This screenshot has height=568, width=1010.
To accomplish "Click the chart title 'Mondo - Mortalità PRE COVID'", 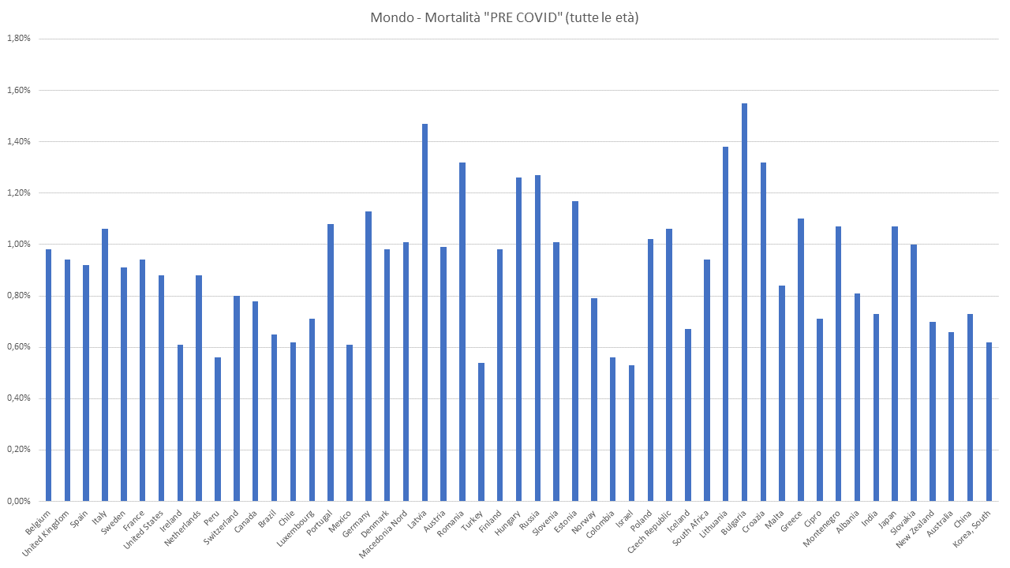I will [x=504, y=17].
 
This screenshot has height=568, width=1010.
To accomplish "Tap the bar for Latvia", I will [x=425, y=312].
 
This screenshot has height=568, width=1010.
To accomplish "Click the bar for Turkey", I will [x=481, y=432].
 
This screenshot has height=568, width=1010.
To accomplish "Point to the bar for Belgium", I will [x=48, y=375].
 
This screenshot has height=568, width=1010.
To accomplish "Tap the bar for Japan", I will [x=895, y=364].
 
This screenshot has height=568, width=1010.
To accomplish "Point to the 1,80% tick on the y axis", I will [x=18, y=39].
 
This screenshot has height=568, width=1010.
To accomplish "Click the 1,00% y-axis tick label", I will [x=18, y=245].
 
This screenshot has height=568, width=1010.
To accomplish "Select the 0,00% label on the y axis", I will [x=18, y=501].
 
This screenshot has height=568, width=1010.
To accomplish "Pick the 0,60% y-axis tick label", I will [x=18, y=347].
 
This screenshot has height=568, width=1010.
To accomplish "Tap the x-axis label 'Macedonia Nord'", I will [x=385, y=535].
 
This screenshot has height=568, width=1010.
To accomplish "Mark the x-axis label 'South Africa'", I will [x=690, y=529].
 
